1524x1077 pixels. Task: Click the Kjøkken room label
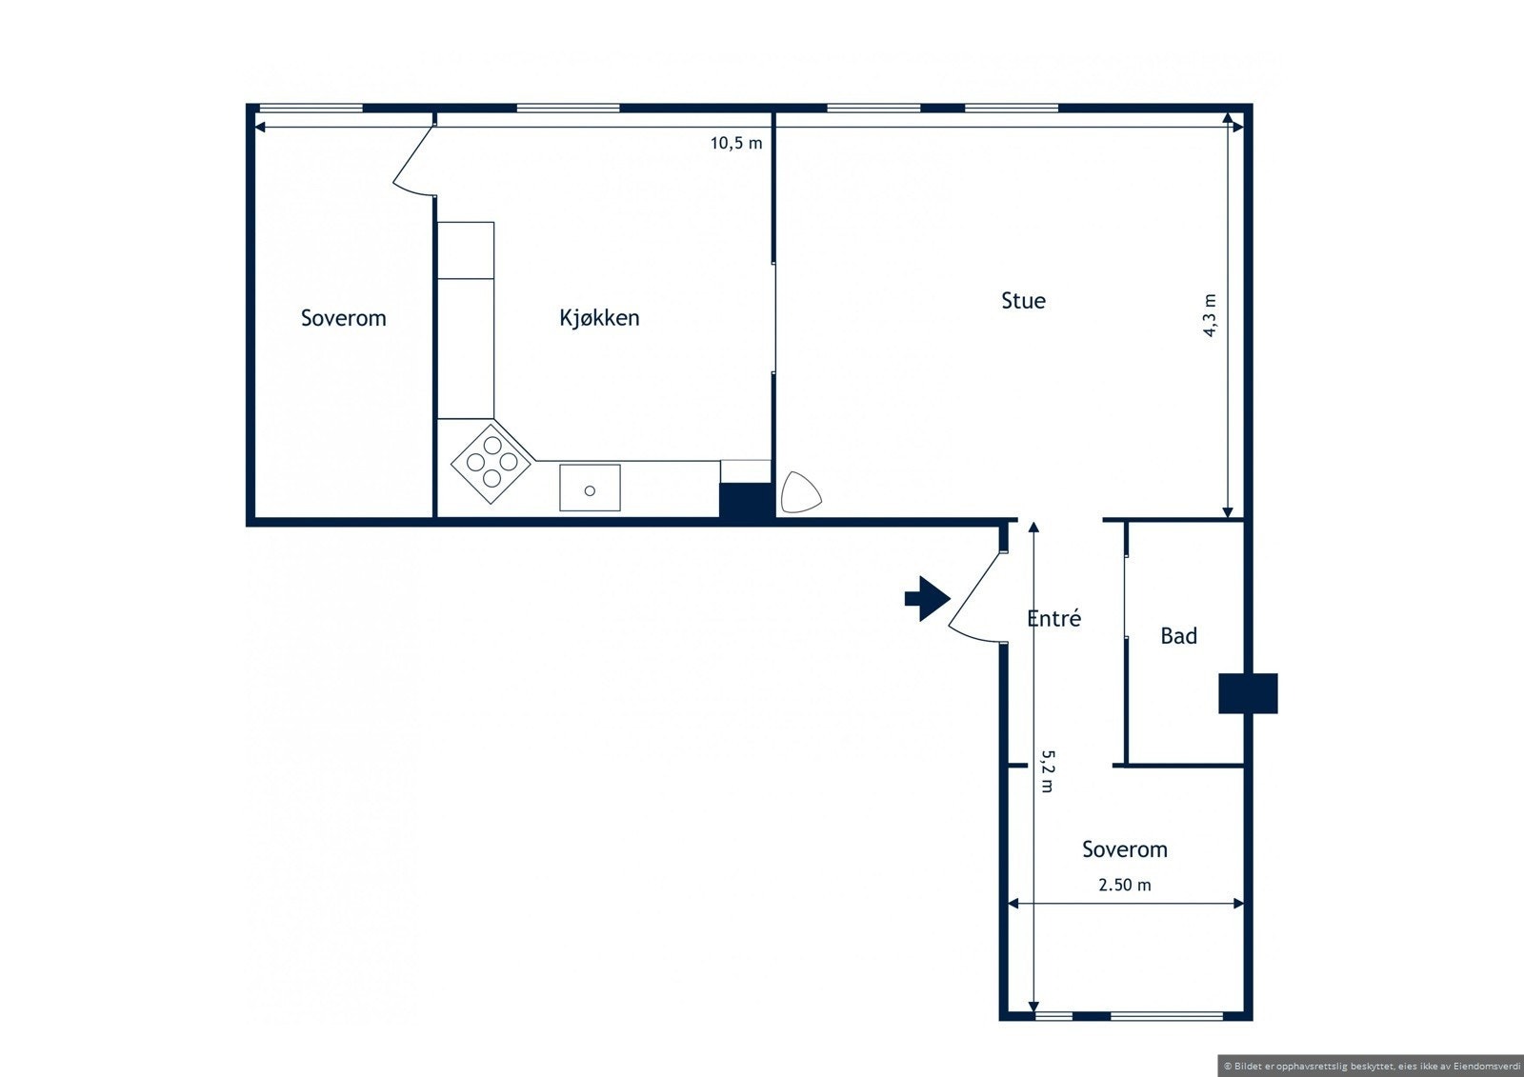click(x=599, y=318)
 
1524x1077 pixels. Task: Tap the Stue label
click(x=1023, y=301)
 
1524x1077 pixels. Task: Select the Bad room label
click(x=1178, y=636)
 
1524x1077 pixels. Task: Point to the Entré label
click(x=1053, y=619)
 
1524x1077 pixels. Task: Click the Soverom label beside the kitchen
click(x=343, y=318)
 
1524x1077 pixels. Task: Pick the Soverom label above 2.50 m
click(x=1124, y=849)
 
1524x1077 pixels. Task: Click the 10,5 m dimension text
click(x=736, y=144)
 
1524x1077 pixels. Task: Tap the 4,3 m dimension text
click(x=1210, y=315)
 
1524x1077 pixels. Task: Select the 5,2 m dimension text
click(x=1046, y=771)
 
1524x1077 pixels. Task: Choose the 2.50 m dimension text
click(x=1124, y=885)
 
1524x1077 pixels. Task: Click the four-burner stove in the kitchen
click(x=491, y=461)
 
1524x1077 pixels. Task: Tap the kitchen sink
click(x=590, y=488)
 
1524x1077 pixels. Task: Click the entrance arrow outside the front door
click(x=927, y=599)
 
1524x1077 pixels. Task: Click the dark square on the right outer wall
click(x=1248, y=693)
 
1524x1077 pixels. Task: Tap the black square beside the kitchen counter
click(x=746, y=500)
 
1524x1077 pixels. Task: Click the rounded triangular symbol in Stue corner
click(x=799, y=492)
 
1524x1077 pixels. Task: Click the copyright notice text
click(x=1372, y=1066)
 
